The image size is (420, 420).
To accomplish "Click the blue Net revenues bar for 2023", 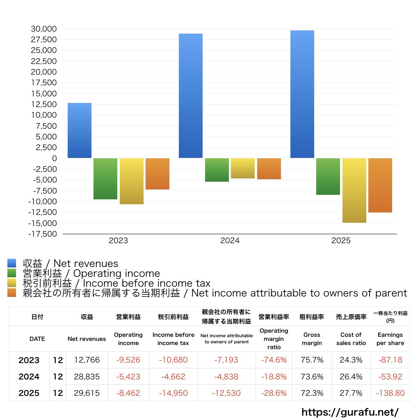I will pyautogui.click(x=80, y=130).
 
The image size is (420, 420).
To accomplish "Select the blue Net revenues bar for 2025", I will pyautogui.click(x=302, y=94).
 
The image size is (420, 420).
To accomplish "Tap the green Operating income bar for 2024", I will pyautogui.click(x=217, y=170).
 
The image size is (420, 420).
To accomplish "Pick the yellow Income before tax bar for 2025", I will pyautogui.click(x=354, y=190).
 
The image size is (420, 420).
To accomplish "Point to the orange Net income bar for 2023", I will pyautogui.click(x=157, y=174).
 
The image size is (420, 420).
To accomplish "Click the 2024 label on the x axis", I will pyautogui.click(x=230, y=241).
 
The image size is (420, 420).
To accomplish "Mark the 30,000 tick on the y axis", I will pyautogui.click(x=43, y=29).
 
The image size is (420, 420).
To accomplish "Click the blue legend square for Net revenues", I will pyautogui.click(x=12, y=263).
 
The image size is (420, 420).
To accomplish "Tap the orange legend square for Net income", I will pyautogui.click(x=12, y=293).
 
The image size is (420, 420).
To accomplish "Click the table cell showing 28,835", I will pyautogui.click(x=87, y=377).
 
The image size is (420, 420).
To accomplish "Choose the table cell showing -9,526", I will pyautogui.click(x=128, y=360).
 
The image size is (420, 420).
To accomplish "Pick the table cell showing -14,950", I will pyautogui.click(x=173, y=393).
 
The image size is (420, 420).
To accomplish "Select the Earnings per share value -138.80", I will pyautogui.click(x=390, y=393).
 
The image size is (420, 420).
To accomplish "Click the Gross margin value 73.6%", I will pyautogui.click(x=312, y=377).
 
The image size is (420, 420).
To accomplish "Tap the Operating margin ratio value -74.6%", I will pyautogui.click(x=274, y=360).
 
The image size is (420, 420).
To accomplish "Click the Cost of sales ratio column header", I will pyautogui.click(x=351, y=339).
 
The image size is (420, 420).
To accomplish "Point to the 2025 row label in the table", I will pyautogui.click(x=29, y=393).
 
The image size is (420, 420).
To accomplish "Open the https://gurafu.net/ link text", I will pyautogui.click(x=350, y=412).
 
